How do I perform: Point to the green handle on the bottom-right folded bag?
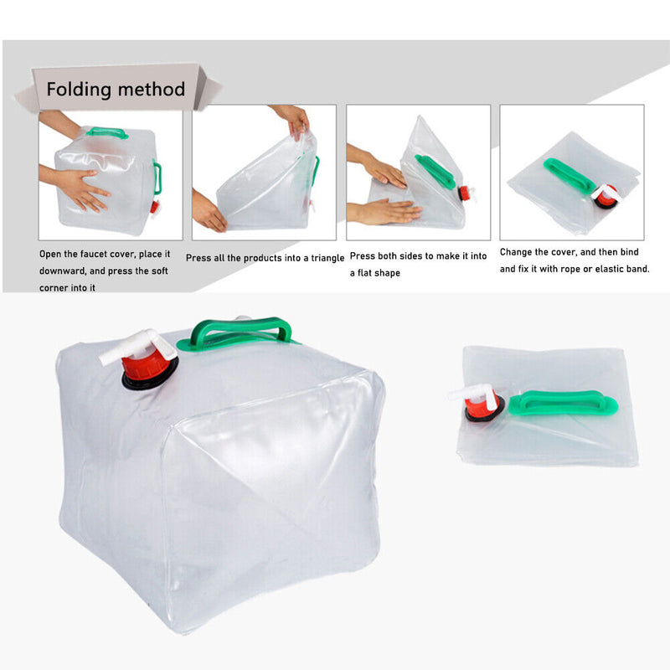(x=563, y=404)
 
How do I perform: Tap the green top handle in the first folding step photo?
(x=106, y=132)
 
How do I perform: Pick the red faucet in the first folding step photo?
(x=153, y=206)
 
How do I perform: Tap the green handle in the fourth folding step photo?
(x=569, y=176)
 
